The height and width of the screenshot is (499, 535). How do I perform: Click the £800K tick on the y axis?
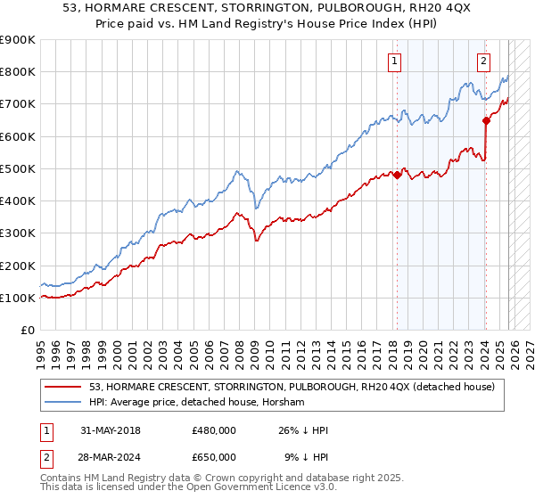(x=18, y=72)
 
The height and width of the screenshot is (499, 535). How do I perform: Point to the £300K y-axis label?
(x=18, y=233)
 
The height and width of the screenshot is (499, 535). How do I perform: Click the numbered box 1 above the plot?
(x=394, y=61)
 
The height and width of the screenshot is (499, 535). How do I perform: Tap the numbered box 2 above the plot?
(x=482, y=61)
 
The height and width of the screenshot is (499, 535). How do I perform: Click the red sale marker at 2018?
(x=397, y=176)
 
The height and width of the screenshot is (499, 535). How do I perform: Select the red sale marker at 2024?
(x=486, y=120)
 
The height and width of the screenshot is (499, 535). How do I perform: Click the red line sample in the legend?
(x=64, y=387)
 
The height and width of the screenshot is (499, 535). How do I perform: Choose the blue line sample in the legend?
(x=64, y=402)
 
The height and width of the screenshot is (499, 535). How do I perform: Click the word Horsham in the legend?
(x=284, y=402)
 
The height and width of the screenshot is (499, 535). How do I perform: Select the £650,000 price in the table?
(x=214, y=457)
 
